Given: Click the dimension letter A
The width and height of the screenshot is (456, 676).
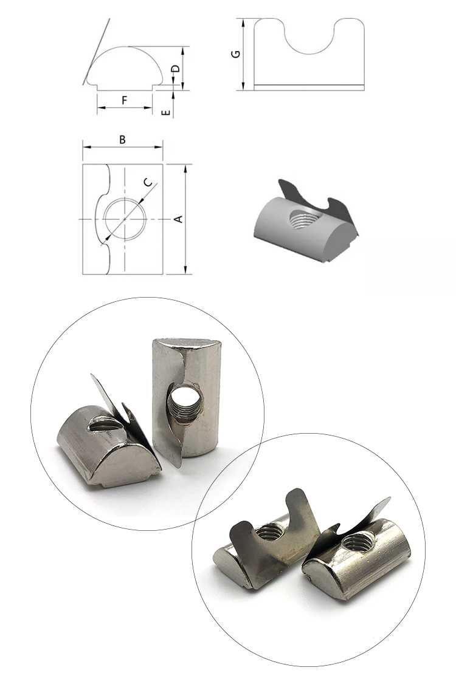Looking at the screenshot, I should pos(179,219).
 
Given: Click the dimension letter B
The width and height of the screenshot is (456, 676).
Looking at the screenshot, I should pos(122,140).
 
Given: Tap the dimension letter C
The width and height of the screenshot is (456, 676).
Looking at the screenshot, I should pos(148,183).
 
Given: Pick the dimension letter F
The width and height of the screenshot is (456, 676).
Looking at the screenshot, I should pos(124,100).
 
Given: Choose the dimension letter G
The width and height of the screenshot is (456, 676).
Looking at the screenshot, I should pos(236,54).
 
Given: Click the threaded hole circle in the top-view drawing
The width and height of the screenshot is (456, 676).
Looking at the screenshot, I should pos(125,218).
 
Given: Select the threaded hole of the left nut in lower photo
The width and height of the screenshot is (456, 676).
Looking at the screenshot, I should pos(268,533).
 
